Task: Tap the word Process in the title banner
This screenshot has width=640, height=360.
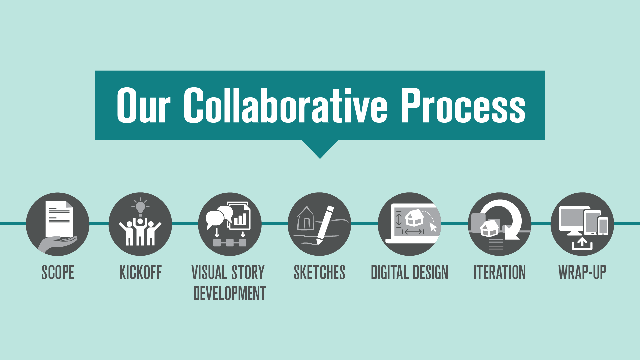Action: tap(463, 105)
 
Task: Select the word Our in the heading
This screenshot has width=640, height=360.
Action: tap(143, 106)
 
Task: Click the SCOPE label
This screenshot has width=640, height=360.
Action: tap(58, 272)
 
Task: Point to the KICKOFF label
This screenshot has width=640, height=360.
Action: tap(140, 272)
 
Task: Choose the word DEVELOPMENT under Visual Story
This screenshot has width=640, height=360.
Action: tap(230, 293)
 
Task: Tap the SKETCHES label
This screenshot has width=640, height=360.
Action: tap(319, 272)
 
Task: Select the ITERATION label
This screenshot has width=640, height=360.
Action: tap(499, 272)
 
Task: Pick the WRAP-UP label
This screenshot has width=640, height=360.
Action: tap(582, 272)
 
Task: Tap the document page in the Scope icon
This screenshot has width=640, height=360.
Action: tap(59, 218)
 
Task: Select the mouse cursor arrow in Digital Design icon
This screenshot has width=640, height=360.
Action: tap(433, 227)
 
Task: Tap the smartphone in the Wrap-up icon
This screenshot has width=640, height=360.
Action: tap(603, 226)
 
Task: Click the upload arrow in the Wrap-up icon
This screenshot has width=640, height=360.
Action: tap(582, 243)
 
